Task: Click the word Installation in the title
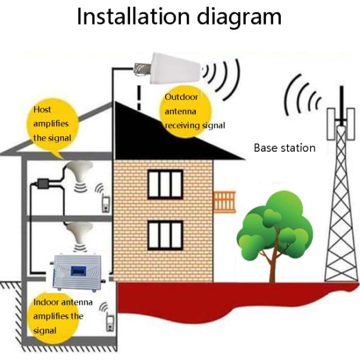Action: click(133, 17)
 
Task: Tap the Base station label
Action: click(284, 148)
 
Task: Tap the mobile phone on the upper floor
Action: click(106, 204)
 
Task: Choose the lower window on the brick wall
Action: click(165, 235)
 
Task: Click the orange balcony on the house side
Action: click(224, 202)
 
